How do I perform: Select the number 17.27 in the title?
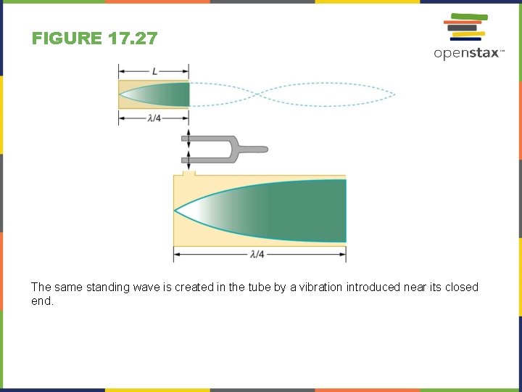click(131, 38)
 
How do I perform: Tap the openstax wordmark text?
click(467, 53)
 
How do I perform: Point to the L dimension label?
click(154, 71)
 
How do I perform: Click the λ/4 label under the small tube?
click(154, 118)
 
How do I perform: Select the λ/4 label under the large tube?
click(257, 254)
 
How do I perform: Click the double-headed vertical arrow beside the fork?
click(188, 150)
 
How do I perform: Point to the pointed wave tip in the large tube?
click(176, 211)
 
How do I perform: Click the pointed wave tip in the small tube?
click(121, 94)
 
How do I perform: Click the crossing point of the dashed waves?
click(258, 94)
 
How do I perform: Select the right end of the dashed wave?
click(394, 94)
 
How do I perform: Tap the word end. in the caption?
click(42, 301)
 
